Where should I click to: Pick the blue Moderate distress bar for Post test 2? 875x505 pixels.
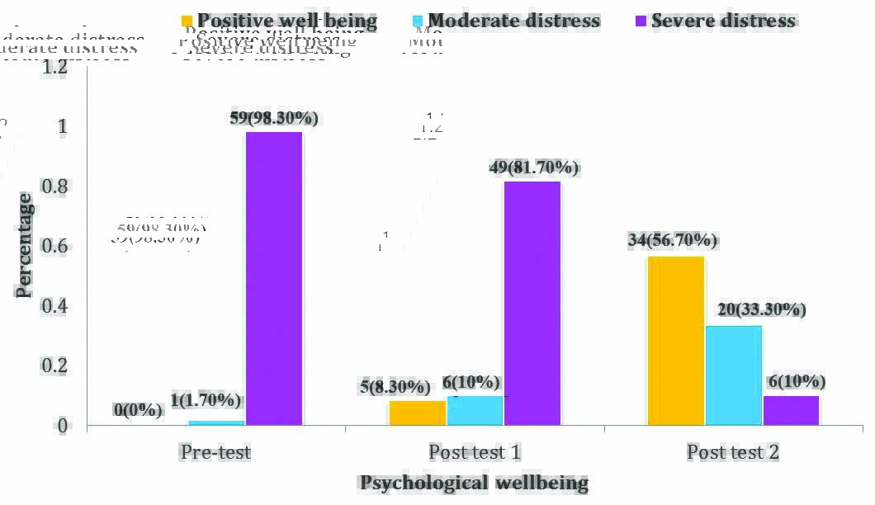click(734, 375)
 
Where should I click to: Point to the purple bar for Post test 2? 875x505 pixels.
click(791, 410)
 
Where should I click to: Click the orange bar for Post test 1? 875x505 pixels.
click(418, 413)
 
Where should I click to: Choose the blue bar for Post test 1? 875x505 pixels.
click(475, 410)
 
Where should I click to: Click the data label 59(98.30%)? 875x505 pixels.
click(274, 118)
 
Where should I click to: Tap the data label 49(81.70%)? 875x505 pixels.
click(534, 168)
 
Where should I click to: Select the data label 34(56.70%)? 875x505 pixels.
click(673, 241)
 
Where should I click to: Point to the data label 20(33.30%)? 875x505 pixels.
click(761, 310)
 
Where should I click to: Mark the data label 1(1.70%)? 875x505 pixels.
click(206, 401)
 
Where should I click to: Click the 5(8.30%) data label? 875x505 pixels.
click(395, 386)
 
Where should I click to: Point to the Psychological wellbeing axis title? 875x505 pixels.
click(474, 483)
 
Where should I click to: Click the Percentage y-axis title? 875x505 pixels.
click(26, 245)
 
